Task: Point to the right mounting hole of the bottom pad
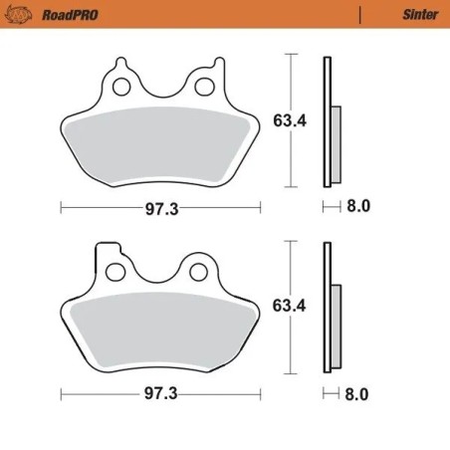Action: [197, 269]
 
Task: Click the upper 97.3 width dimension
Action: [160, 207]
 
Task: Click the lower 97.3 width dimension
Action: [160, 393]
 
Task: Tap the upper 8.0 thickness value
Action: [357, 207]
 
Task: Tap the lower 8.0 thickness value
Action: [357, 393]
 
